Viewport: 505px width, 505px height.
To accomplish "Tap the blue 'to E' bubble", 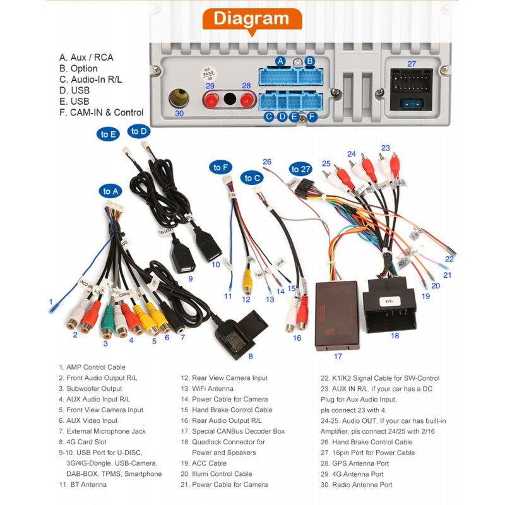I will tap(109, 134).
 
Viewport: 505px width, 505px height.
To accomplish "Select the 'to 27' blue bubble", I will tap(300, 169).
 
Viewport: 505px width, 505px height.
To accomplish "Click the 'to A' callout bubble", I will tap(110, 191).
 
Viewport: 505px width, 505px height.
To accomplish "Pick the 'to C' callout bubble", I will tap(252, 178).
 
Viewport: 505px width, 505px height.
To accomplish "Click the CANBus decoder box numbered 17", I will tap(336, 316).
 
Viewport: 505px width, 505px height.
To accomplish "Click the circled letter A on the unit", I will tap(281, 61).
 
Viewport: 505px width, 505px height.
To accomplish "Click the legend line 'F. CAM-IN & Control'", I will tap(101, 112).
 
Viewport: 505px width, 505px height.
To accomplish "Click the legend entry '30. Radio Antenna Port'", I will tap(356, 484).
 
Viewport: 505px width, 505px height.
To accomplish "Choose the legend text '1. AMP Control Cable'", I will tap(92, 367).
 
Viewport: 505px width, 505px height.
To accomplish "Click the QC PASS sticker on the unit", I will tap(206, 74).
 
